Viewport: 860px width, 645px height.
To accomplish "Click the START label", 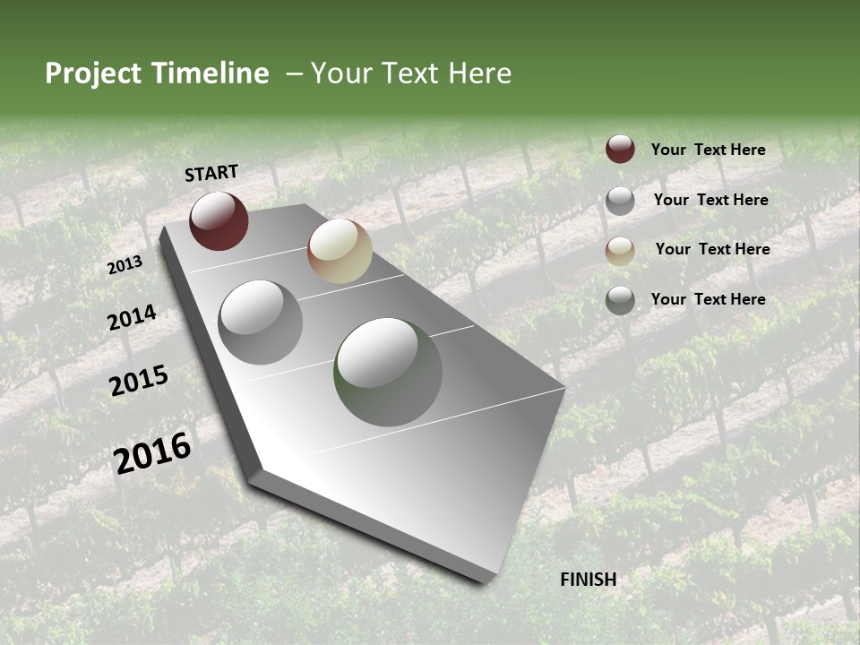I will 211,173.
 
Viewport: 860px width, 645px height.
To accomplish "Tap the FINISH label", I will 589,579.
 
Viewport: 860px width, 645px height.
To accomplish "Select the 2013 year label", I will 125,265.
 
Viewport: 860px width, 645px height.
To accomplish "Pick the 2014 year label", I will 133,317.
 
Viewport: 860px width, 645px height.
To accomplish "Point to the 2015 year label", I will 139,381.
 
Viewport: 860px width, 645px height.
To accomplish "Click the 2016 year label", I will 152,452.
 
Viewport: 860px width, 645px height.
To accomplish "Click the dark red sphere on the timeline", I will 219,220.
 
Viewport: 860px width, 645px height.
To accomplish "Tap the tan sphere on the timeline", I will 340,251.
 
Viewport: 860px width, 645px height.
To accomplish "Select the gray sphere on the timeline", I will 261,322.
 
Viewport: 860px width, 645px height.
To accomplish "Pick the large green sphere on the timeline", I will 388,372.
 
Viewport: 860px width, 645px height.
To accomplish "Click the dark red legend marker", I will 620,149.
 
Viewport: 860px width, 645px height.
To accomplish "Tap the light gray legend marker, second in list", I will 620,201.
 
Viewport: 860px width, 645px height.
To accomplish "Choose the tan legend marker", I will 620,251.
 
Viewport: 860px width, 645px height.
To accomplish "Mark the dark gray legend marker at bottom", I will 620,300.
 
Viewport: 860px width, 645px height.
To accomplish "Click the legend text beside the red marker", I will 708,150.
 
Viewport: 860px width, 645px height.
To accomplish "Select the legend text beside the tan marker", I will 712,249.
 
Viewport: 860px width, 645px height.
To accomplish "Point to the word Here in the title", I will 479,73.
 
